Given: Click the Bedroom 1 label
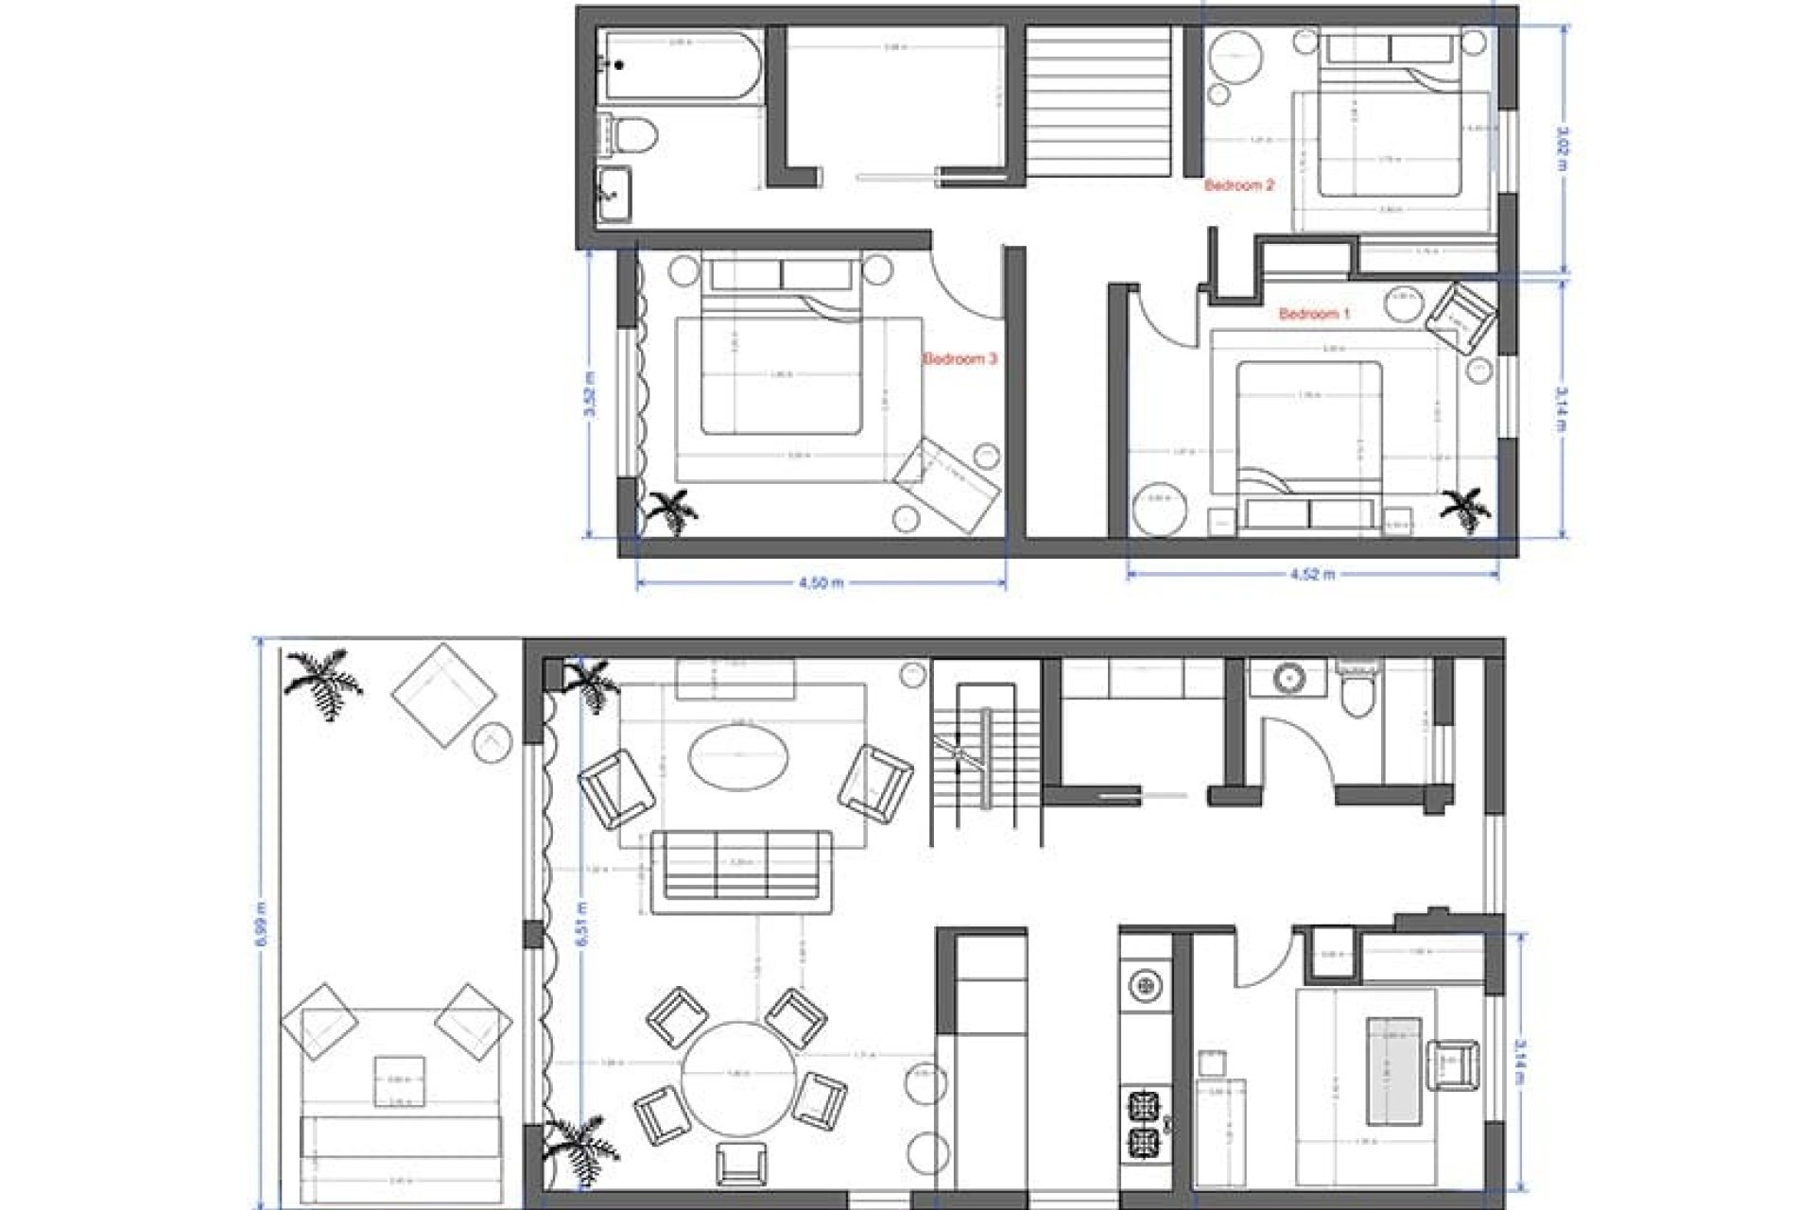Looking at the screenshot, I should pos(1314,314).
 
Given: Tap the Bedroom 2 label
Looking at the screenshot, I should pos(1239,186).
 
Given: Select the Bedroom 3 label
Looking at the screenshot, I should pos(960,359).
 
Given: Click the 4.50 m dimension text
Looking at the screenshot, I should pos(821,583).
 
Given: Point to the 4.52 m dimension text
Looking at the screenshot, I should pos(1313,574).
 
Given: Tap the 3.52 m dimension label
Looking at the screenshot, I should pos(591,397).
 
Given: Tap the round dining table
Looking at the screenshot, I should pos(738,1074).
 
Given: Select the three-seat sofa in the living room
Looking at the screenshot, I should pos(741,864).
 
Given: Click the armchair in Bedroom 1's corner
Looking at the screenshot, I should pos(1461,318).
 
